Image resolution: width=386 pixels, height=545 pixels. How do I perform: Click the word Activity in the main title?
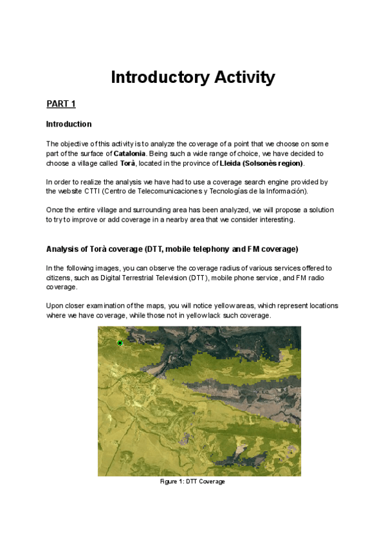[x=238, y=78]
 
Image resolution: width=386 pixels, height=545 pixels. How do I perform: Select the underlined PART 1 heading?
[x=62, y=103]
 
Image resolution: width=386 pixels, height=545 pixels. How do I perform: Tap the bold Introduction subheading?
[x=69, y=124]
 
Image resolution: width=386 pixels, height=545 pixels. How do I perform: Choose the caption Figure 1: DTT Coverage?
[x=192, y=481]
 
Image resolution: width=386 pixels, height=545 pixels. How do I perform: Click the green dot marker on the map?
[x=120, y=343]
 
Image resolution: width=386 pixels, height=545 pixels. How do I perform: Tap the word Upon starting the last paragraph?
[x=56, y=306]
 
